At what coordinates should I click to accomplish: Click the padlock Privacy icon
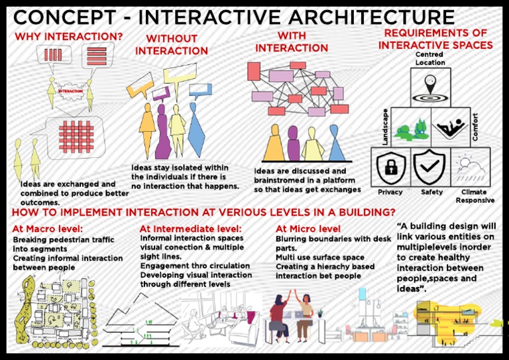pos(390,167)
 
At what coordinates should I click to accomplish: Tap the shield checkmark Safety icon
pos(430,167)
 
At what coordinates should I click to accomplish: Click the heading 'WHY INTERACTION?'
pos(68,36)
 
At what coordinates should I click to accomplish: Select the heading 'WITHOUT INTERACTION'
pos(172,45)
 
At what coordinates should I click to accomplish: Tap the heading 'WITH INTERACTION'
pos(292,42)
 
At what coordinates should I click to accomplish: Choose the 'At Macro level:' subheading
pos(44,229)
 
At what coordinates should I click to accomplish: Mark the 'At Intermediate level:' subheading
pos(191,229)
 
